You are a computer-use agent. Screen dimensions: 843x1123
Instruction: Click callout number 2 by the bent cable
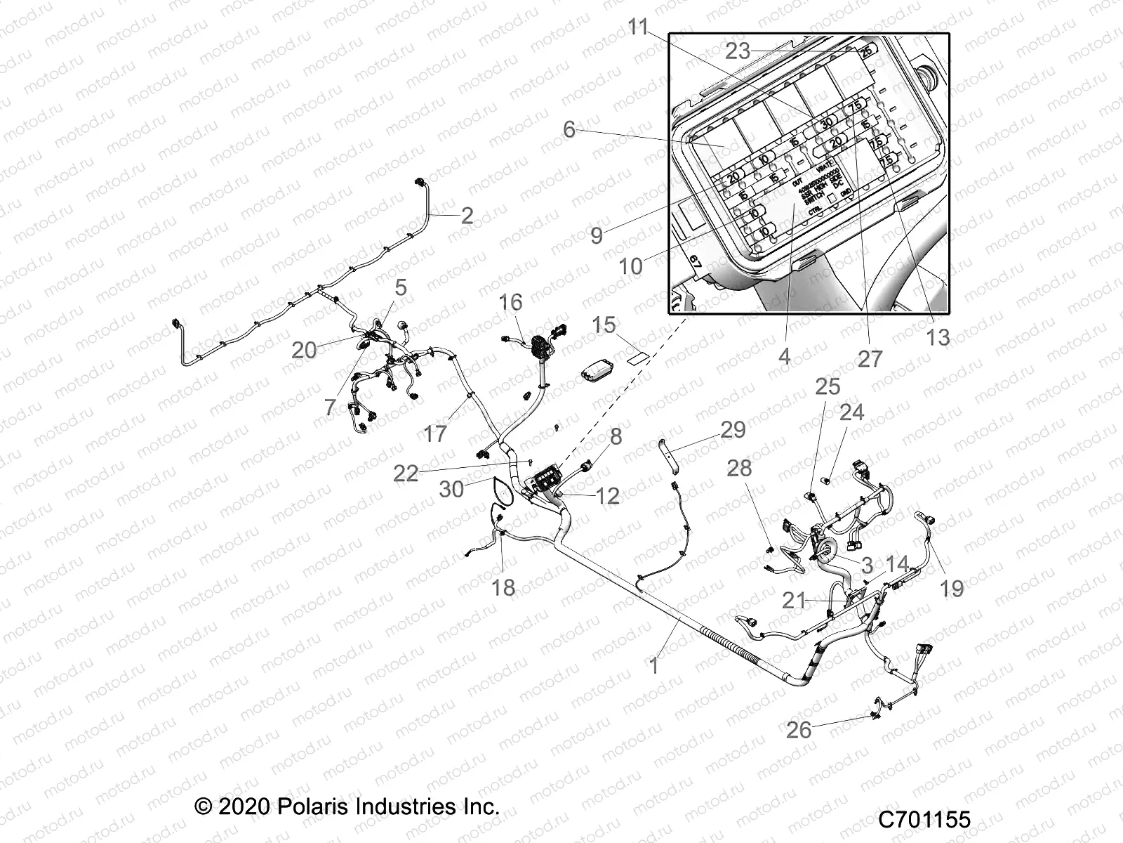coord(467,215)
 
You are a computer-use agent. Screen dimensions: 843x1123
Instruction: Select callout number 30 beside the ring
coord(451,489)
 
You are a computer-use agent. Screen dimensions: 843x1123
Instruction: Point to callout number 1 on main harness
coord(654,665)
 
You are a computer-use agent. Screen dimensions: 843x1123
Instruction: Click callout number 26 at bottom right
coord(799,730)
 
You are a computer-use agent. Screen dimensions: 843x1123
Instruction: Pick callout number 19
coord(952,588)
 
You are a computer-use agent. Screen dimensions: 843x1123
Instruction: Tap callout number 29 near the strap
coord(733,429)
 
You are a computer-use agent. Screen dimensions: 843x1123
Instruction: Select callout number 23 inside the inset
coord(738,51)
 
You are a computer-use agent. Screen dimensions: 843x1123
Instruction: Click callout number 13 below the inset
coord(938,337)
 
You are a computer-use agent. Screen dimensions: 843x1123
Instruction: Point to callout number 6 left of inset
coord(569,129)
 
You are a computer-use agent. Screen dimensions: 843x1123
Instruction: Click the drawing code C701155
coord(924,820)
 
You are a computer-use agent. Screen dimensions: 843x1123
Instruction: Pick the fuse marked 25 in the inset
coord(867,51)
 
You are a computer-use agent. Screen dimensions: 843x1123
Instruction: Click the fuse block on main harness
coord(548,482)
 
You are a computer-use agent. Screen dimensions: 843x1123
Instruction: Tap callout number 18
coord(503,587)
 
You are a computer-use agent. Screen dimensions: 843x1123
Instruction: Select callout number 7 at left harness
coord(331,407)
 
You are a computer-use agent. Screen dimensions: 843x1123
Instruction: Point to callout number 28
coord(739,468)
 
